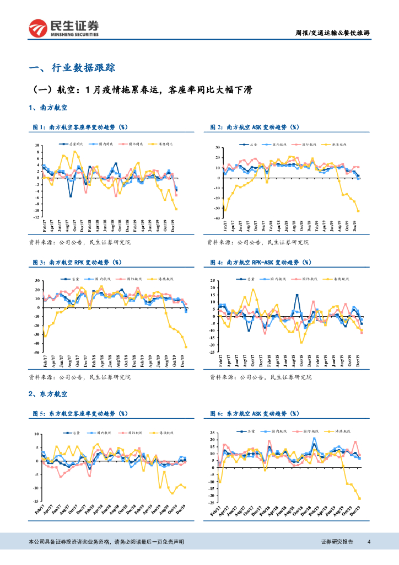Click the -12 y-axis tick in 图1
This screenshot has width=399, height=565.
click(37, 217)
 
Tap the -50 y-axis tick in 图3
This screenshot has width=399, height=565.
click(36, 352)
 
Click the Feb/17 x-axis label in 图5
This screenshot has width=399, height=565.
click(39, 511)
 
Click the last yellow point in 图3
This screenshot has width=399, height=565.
click(186, 347)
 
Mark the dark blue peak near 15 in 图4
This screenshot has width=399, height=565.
click(297, 295)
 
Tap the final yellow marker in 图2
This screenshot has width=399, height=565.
click(358, 211)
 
